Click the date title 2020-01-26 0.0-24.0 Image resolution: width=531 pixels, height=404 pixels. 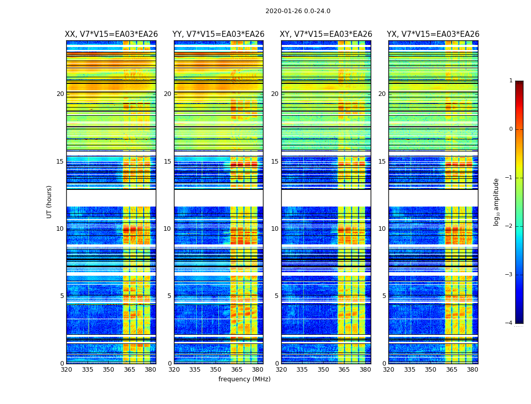(298, 11)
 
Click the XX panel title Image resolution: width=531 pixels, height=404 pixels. (111, 34)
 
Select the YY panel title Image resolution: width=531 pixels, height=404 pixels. (218, 34)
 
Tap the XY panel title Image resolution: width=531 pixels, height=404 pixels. (326, 34)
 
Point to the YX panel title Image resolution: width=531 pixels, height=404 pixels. (433, 34)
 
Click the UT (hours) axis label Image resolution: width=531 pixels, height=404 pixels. (50, 201)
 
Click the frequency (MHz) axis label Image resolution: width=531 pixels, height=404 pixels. (244, 379)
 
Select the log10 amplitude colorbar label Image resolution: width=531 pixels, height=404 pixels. (497, 201)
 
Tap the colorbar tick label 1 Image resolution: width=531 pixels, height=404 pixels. (510, 81)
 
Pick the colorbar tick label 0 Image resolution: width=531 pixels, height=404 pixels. (510, 129)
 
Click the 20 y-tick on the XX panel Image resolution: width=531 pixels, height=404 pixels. (60, 94)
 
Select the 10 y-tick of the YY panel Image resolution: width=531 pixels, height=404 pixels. (167, 229)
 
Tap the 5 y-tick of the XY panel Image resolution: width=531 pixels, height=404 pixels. (276, 296)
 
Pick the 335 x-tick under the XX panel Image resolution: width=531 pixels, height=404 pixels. (87, 370)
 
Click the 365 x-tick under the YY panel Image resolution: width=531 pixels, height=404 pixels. (237, 370)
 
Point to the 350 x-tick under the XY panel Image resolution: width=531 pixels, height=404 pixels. (323, 370)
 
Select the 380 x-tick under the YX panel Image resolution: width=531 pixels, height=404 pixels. (472, 370)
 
